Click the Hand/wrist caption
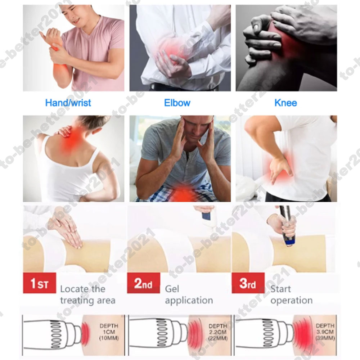click(x=68, y=103)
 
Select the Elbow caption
click(x=177, y=103)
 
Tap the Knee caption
click(x=285, y=103)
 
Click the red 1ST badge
click(x=40, y=283)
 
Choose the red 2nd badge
click(x=144, y=283)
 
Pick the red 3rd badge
click(x=248, y=283)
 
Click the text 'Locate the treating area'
click(x=88, y=294)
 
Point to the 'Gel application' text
click(x=189, y=294)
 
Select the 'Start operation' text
click(x=292, y=294)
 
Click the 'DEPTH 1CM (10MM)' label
click(x=109, y=332)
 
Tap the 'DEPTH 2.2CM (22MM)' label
click(x=218, y=332)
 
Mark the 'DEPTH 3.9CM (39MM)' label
click(x=325, y=332)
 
